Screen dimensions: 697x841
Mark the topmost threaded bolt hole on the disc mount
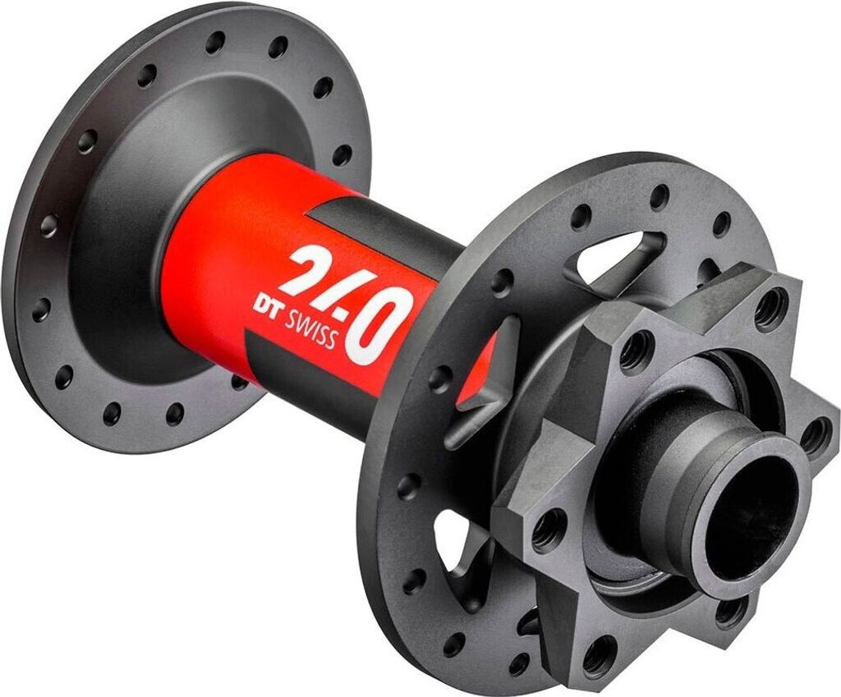[x=770, y=310]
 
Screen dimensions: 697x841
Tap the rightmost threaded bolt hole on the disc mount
[x=816, y=435]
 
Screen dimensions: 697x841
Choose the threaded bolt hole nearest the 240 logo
[x=636, y=351]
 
